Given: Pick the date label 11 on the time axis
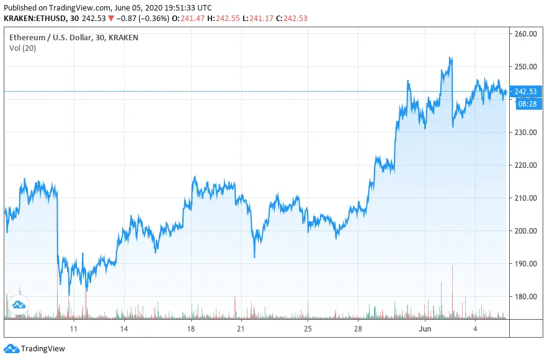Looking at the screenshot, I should click(x=74, y=328).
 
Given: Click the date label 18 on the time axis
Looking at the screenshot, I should click(x=191, y=328).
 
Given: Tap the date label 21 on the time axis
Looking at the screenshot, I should click(x=241, y=328).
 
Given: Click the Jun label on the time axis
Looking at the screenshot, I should click(x=425, y=328).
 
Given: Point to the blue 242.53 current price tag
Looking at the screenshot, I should click(x=525, y=92).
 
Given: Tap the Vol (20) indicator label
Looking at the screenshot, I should click(x=22, y=48).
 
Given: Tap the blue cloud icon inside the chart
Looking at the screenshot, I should click(x=19, y=304).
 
